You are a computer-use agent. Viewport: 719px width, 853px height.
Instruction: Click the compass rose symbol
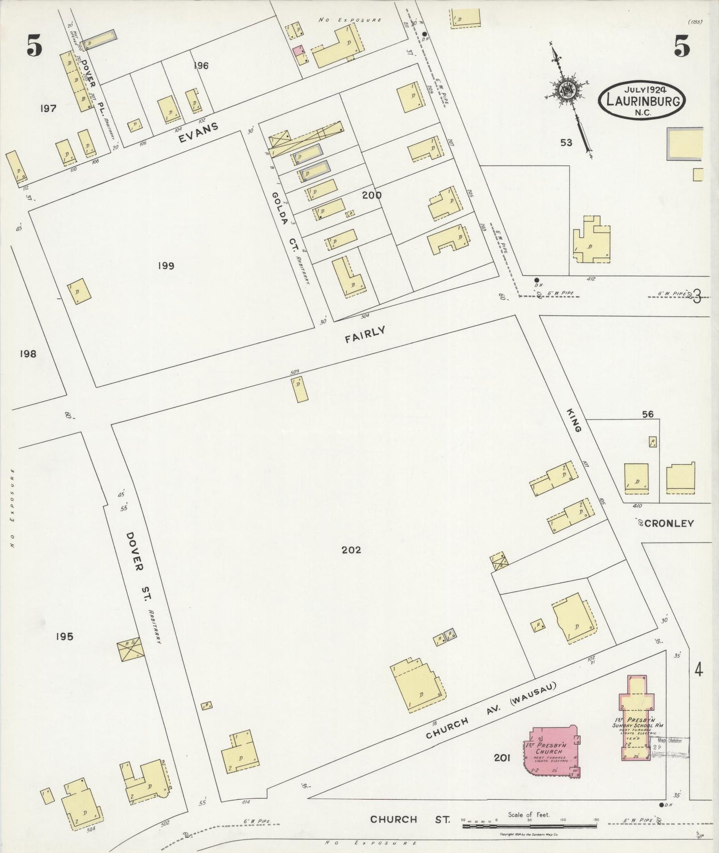click(567, 90)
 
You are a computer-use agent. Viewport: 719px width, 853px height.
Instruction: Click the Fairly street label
click(366, 334)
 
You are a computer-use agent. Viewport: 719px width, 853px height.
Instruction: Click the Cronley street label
click(668, 523)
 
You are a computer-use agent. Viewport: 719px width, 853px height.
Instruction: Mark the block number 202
click(351, 550)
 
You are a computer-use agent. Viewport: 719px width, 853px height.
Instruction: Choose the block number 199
click(166, 266)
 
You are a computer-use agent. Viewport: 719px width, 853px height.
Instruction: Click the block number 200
click(372, 196)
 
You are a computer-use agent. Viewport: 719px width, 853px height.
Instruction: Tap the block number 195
click(65, 636)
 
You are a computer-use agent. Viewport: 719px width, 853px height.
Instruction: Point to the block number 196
click(201, 66)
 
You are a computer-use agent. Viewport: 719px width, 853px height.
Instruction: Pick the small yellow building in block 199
click(80, 291)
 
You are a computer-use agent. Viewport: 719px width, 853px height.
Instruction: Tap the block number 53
click(566, 143)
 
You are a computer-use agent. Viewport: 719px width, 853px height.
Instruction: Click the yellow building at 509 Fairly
click(300, 390)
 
